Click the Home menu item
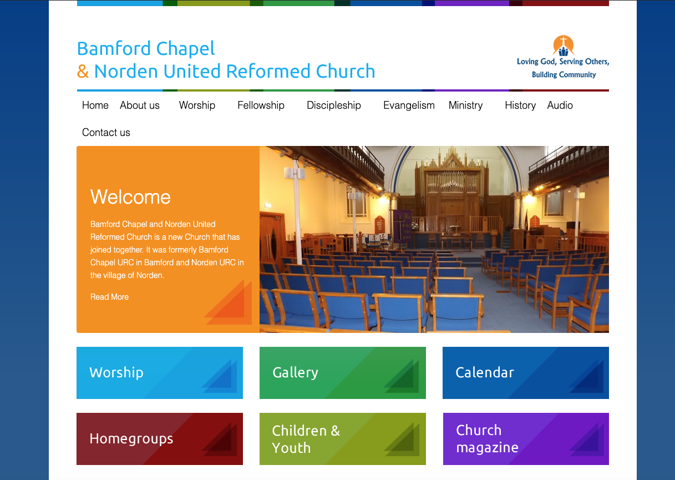pyautogui.click(x=95, y=105)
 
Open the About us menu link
pyautogui.click(x=140, y=105)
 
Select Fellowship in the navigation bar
pyautogui.click(x=261, y=105)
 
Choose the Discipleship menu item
pyautogui.click(x=333, y=105)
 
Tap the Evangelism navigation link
pyautogui.click(x=409, y=105)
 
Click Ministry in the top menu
pyautogui.click(x=465, y=105)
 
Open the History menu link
pyautogui.click(x=520, y=105)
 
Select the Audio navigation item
pyautogui.click(x=560, y=105)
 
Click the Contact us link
pyautogui.click(x=106, y=133)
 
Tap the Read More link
pyautogui.click(x=109, y=297)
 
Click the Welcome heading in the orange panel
pyautogui.click(x=130, y=197)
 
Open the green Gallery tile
pyautogui.click(x=343, y=373)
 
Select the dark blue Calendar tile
pyautogui.click(x=526, y=373)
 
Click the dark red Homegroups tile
pyautogui.click(x=160, y=439)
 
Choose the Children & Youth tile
pyautogui.click(x=343, y=439)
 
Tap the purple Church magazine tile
pyautogui.click(x=526, y=439)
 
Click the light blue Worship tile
pyautogui.click(x=160, y=373)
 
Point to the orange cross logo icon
pyautogui.click(x=563, y=46)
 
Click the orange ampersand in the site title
pyautogui.click(x=83, y=72)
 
